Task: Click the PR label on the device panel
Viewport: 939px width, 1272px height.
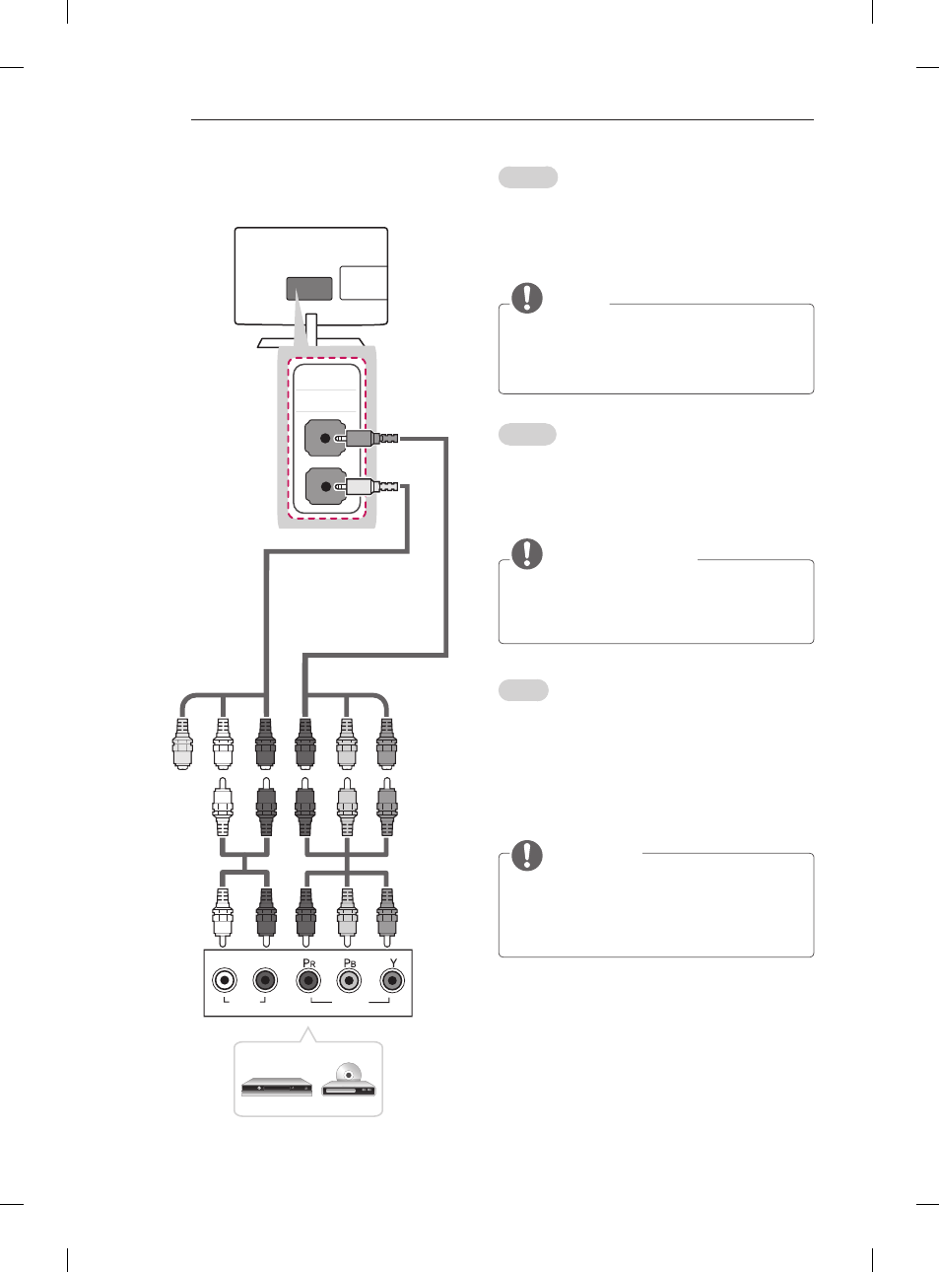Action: tap(309, 963)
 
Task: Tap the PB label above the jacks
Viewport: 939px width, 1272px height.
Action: tap(350, 963)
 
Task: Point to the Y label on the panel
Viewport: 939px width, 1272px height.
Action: tap(393, 963)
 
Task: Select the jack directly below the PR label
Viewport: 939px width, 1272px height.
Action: tap(308, 981)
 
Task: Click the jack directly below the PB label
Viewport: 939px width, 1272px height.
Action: tap(349, 981)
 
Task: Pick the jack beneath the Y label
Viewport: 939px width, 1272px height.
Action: tap(391, 981)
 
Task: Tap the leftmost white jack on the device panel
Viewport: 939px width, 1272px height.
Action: tap(224, 980)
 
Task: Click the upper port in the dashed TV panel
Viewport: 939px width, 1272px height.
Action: tap(324, 438)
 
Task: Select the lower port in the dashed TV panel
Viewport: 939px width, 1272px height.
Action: tap(325, 486)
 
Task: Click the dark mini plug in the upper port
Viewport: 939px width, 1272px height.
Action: tap(367, 439)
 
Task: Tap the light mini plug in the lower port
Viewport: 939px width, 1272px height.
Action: tap(367, 487)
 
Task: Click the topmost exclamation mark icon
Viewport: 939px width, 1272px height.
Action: tap(527, 298)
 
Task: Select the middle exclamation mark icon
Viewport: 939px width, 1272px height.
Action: tap(527, 553)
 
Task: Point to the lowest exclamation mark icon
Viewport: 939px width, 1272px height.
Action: tap(527, 855)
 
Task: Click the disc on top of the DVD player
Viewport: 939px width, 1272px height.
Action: tap(349, 1073)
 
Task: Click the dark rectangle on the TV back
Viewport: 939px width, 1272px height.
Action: tap(309, 289)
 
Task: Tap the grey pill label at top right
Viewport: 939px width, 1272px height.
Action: tap(528, 177)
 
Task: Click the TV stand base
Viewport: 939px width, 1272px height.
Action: tap(310, 343)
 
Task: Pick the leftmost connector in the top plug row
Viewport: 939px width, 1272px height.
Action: tap(182, 743)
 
